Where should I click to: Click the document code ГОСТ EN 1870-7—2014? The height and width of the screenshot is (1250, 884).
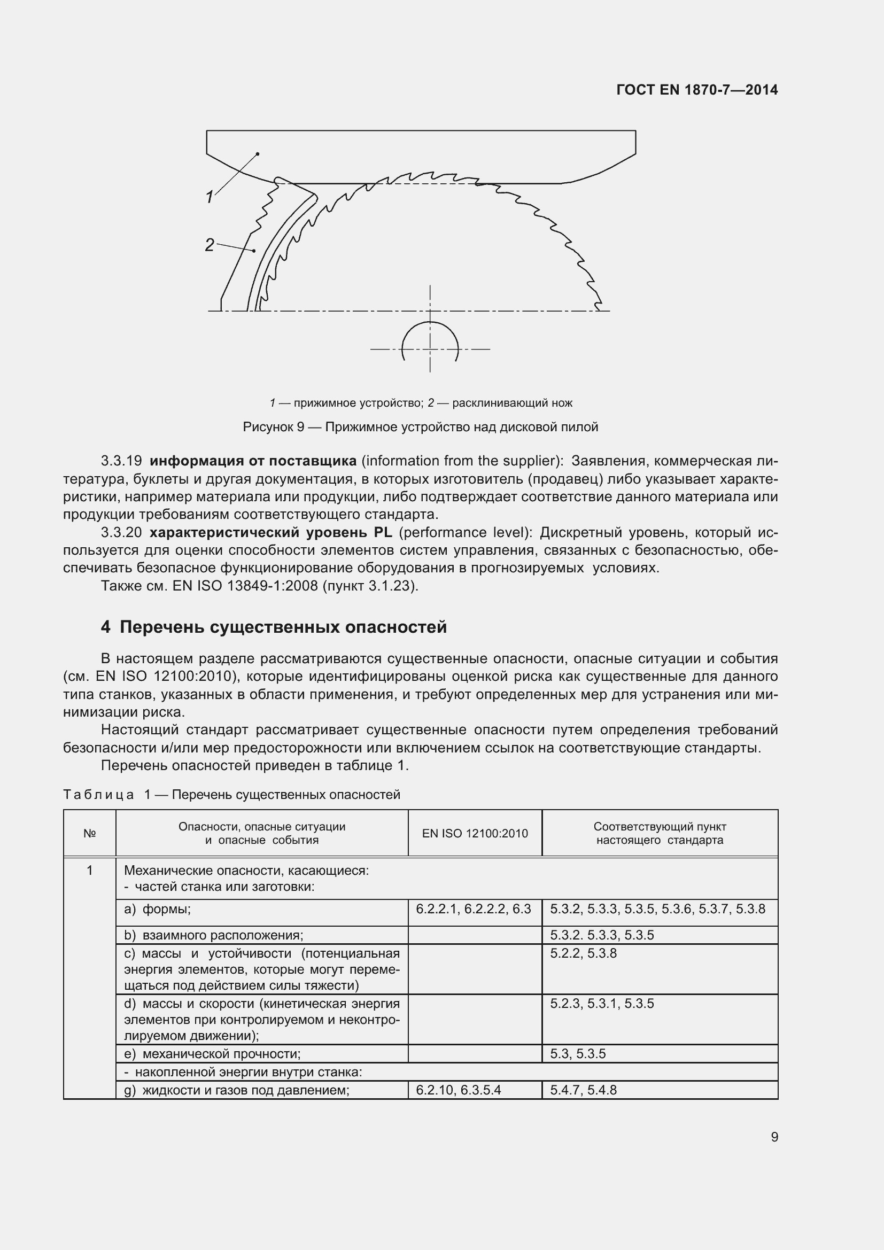[697, 90]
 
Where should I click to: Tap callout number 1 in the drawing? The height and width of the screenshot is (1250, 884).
[210, 197]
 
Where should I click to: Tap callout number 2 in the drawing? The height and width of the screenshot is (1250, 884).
[210, 245]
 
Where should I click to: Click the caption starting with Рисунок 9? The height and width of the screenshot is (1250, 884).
[420, 427]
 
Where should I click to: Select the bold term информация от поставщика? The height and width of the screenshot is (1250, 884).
[253, 461]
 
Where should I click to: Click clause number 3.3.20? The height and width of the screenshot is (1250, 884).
[121, 532]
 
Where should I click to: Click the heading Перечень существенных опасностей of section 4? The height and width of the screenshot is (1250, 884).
[283, 627]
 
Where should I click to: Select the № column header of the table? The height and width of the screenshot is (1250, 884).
[90, 834]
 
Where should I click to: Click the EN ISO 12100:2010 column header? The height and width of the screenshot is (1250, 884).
[475, 834]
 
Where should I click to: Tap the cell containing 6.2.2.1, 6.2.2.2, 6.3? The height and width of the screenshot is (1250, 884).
[473, 909]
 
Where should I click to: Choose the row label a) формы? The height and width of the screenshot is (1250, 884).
[158, 909]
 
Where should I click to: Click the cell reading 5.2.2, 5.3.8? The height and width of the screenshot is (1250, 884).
[583, 953]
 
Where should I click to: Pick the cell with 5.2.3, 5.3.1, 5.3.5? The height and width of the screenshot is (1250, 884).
[601, 1004]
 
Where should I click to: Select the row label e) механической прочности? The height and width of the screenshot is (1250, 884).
[212, 1053]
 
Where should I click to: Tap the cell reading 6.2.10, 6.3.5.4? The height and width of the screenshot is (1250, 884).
[459, 1090]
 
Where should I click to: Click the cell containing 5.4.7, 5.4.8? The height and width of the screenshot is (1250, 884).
[583, 1090]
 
